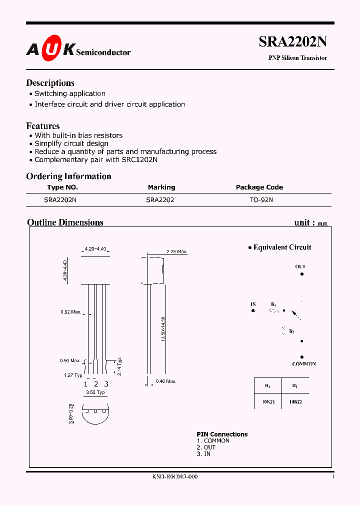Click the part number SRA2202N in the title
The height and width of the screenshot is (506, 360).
[x=292, y=42]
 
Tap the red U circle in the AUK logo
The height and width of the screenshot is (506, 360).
[x=51, y=49]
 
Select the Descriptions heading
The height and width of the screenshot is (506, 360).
[x=50, y=83]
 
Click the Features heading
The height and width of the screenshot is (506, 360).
[x=42, y=126]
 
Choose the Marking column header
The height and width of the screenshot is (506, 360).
[x=161, y=187]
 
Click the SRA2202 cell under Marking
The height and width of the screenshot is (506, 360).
[x=160, y=199]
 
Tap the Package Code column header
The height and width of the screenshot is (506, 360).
[x=259, y=187]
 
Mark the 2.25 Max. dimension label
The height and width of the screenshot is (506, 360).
[x=176, y=251]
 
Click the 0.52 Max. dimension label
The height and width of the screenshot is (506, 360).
[x=70, y=312]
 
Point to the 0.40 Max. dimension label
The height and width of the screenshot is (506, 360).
[x=165, y=381]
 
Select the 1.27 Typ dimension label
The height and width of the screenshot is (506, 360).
[x=73, y=375]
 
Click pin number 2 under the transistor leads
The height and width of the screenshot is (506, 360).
[x=95, y=384]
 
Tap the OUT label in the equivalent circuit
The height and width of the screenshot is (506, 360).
[x=300, y=266]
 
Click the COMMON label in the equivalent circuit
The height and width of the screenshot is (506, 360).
[x=304, y=364]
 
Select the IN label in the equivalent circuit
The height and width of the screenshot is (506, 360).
[x=253, y=304]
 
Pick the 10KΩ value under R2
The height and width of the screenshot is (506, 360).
[x=295, y=401]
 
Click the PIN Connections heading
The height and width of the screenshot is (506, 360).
[x=222, y=434]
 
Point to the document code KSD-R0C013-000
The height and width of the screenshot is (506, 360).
[x=175, y=476]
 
